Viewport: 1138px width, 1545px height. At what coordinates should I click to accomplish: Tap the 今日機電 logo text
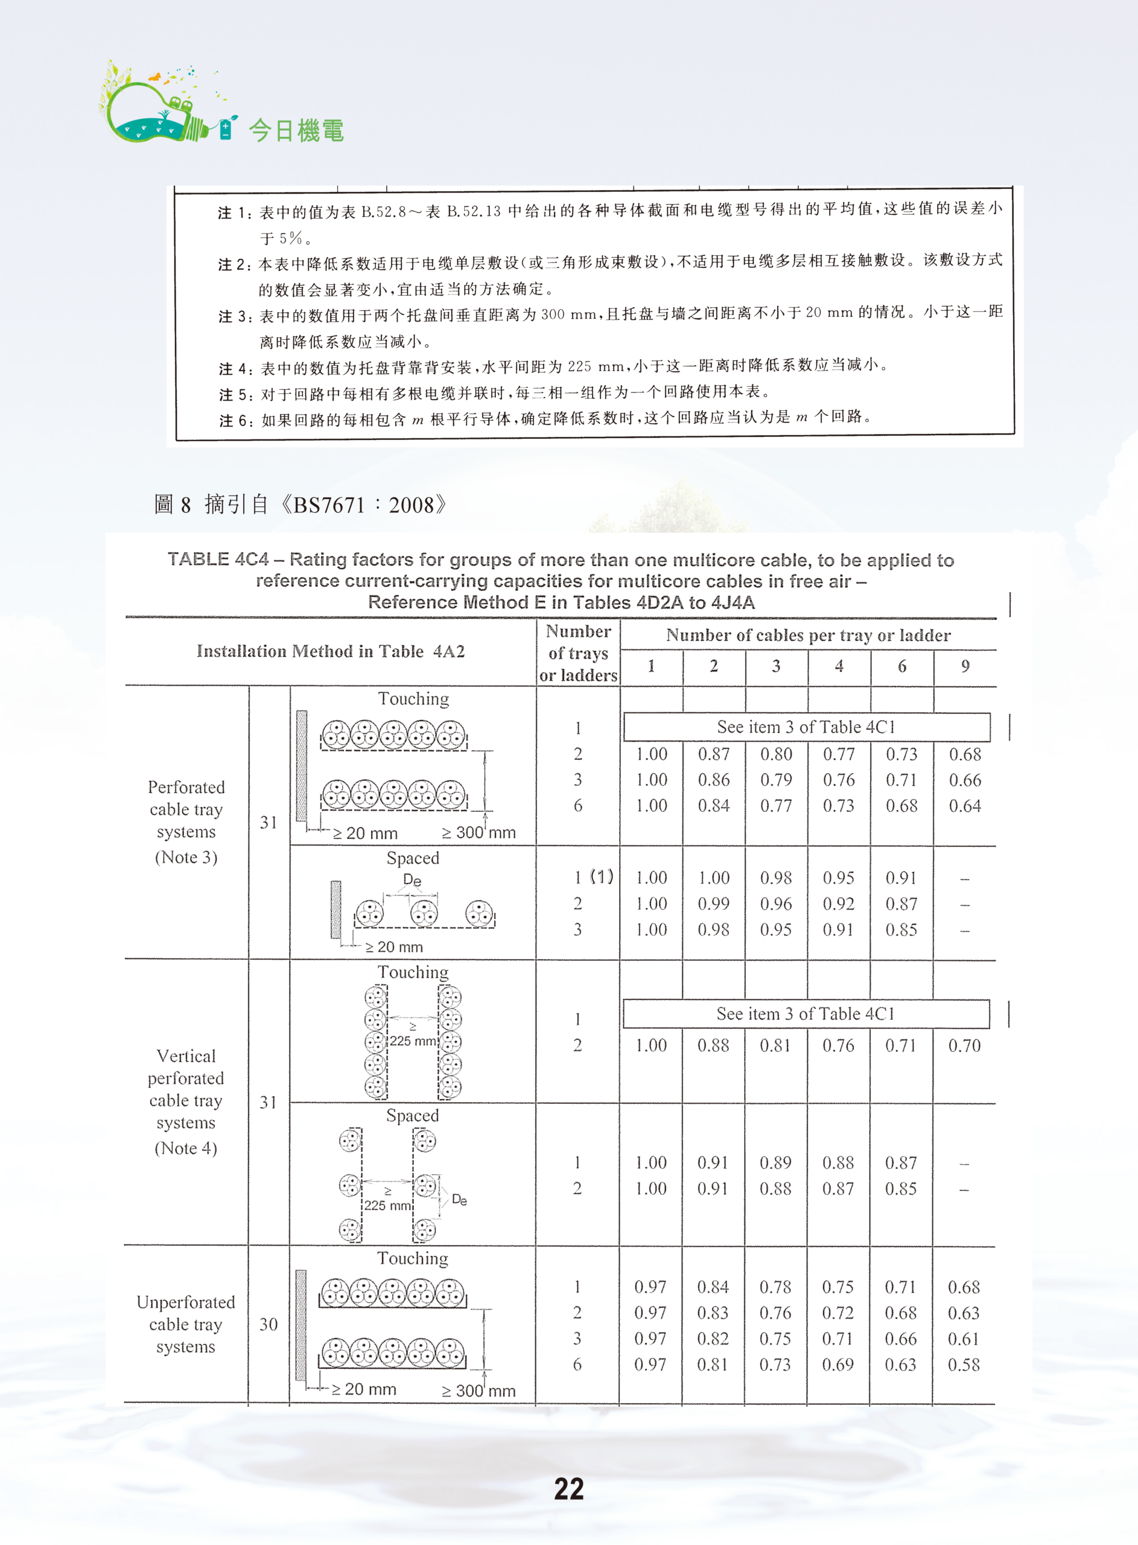tap(296, 130)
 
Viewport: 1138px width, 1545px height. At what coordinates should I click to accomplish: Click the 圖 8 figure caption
tap(300, 505)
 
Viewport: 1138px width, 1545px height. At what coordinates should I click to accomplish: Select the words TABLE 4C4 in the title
tap(218, 559)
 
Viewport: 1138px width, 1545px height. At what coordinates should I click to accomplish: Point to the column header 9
tap(965, 666)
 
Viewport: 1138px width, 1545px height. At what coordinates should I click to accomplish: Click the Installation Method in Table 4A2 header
tap(331, 652)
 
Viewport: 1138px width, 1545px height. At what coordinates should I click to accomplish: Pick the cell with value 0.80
tap(777, 754)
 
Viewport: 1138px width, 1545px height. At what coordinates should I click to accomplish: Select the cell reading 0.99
tap(714, 903)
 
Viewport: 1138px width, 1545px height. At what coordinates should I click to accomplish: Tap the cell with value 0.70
tap(964, 1046)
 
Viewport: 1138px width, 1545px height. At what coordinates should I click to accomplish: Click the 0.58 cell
tap(964, 1365)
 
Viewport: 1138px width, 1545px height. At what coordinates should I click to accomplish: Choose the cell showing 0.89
tap(775, 1163)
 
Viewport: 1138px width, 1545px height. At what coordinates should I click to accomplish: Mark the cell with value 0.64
tap(964, 806)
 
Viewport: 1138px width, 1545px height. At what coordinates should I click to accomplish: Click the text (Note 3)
tap(186, 857)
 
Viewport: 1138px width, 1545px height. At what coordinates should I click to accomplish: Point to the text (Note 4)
tap(186, 1148)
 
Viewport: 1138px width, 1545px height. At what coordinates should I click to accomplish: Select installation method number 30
tap(269, 1324)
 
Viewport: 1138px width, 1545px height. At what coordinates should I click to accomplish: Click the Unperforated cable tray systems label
tap(186, 1324)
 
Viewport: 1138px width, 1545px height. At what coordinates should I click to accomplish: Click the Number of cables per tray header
tap(808, 635)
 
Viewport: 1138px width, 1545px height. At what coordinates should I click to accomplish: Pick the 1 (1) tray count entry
tap(593, 878)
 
